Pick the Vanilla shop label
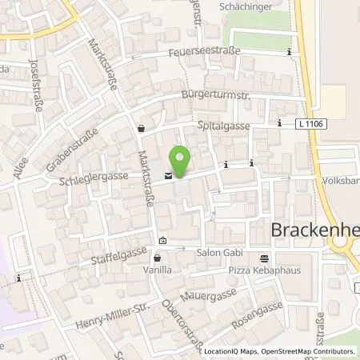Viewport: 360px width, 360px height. (x=158, y=272)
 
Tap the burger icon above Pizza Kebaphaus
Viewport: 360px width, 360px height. (x=264, y=258)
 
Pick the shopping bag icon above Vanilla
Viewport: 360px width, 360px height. (x=158, y=258)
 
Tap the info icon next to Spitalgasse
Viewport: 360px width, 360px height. (x=279, y=123)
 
